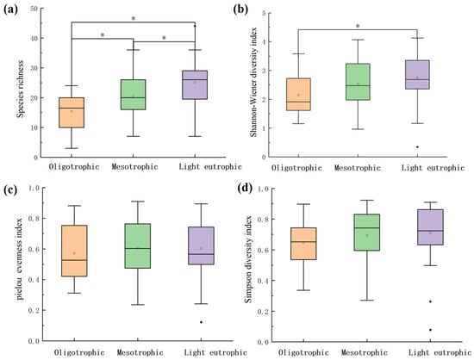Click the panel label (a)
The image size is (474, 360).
10,9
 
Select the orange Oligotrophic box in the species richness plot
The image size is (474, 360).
72,112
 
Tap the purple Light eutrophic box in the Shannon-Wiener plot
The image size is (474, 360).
417,75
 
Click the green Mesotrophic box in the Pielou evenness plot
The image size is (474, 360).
138,245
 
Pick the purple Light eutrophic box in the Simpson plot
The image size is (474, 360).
430,227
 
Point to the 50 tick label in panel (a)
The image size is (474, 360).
34,9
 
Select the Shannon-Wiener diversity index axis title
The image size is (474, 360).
253,82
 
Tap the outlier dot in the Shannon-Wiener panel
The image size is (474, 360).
417,147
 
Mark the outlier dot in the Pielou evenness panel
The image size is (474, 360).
201,322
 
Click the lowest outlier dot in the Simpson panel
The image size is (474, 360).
430,330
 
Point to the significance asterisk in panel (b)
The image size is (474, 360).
358,26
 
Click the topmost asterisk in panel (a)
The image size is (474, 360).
134,18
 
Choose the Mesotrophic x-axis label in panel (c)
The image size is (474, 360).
140,352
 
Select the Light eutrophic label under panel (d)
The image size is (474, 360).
440,352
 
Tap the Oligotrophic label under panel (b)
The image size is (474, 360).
296,168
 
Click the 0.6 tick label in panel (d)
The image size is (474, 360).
263,250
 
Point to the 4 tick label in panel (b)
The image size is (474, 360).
264,41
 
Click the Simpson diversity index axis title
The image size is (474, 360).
248,259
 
